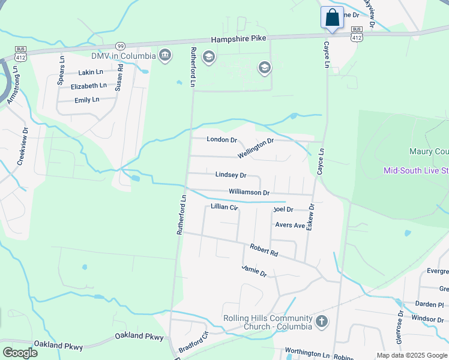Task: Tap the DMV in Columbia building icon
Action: (x=165, y=56)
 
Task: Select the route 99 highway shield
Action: (x=121, y=46)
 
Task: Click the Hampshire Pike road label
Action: (x=238, y=38)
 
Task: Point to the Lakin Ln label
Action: (x=92, y=73)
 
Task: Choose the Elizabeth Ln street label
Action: (x=88, y=86)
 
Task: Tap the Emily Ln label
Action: (x=87, y=100)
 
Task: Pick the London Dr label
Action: (x=222, y=140)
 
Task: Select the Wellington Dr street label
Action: (x=256, y=148)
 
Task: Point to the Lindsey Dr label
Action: (x=231, y=175)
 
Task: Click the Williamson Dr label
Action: (x=249, y=193)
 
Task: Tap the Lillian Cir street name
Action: (x=224, y=207)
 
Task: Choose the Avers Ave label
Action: (x=291, y=226)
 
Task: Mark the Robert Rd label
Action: (x=264, y=250)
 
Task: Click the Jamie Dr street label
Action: (x=254, y=271)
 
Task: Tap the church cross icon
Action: (x=322, y=322)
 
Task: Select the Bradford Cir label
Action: (x=193, y=343)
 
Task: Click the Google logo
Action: (x=20, y=352)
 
